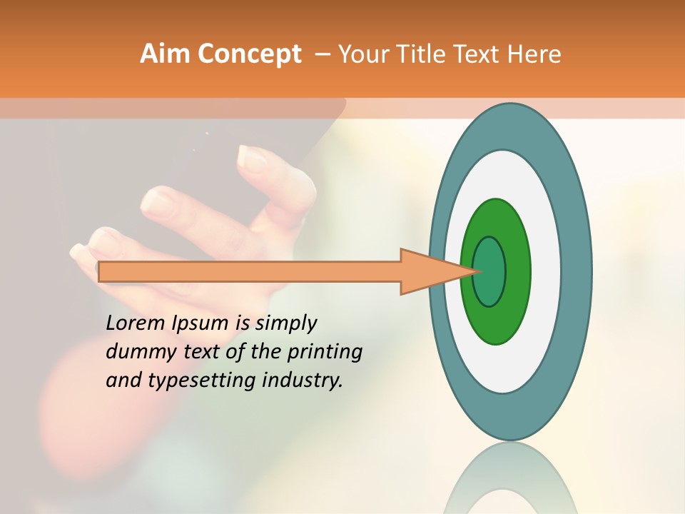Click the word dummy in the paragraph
click(136, 352)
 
